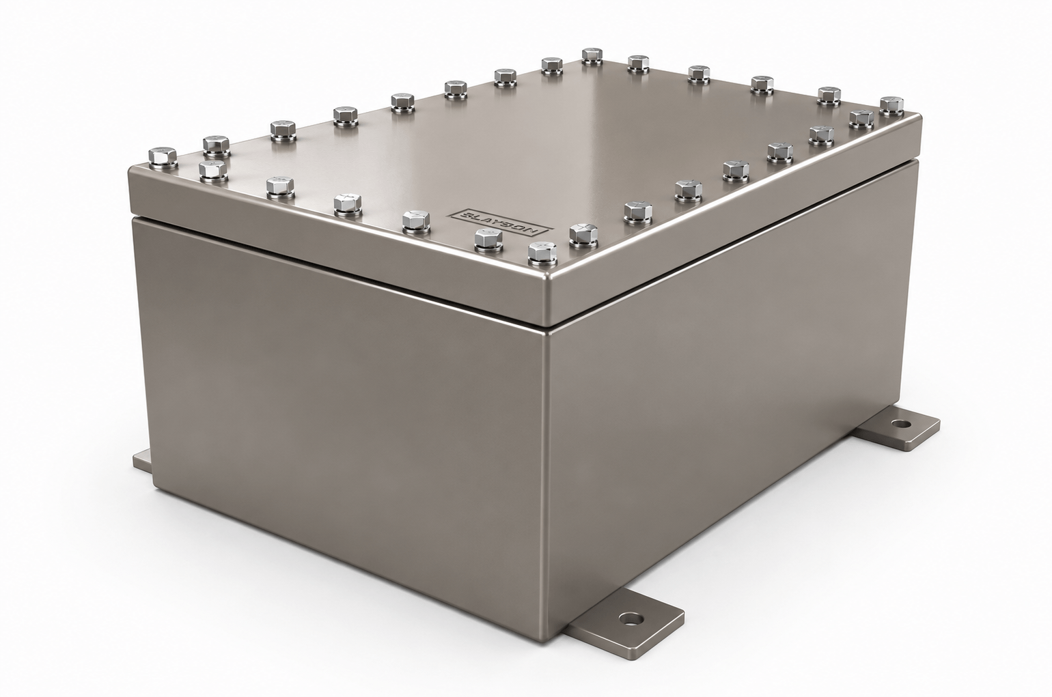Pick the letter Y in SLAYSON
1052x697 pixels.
(499, 223)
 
